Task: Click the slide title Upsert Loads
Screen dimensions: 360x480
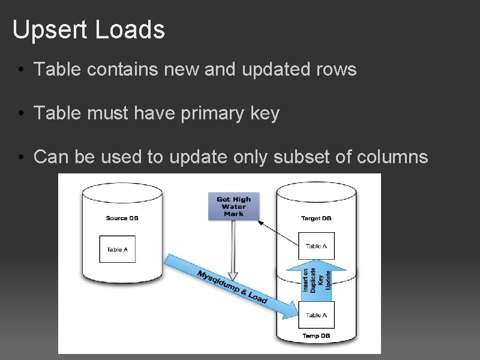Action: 88,30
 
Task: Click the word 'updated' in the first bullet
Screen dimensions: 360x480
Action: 278,70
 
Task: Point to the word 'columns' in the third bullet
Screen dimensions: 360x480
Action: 392,157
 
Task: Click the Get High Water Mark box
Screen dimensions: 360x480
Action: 233,206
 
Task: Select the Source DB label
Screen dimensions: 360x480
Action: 122,218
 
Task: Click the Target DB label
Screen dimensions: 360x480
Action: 316,218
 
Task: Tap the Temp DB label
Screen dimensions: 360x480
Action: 316,335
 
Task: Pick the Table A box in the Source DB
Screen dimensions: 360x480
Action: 118,249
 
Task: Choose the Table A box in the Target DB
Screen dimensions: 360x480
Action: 316,246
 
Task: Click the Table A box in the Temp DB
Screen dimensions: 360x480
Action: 316,315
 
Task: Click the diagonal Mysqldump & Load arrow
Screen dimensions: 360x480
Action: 231,285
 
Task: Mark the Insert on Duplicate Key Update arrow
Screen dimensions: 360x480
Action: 317,278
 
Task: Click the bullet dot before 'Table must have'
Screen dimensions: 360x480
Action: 20,113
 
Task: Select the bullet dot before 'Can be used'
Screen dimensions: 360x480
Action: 20,157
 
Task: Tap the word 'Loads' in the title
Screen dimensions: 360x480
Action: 133,30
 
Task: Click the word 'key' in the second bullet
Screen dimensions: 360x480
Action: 265,113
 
